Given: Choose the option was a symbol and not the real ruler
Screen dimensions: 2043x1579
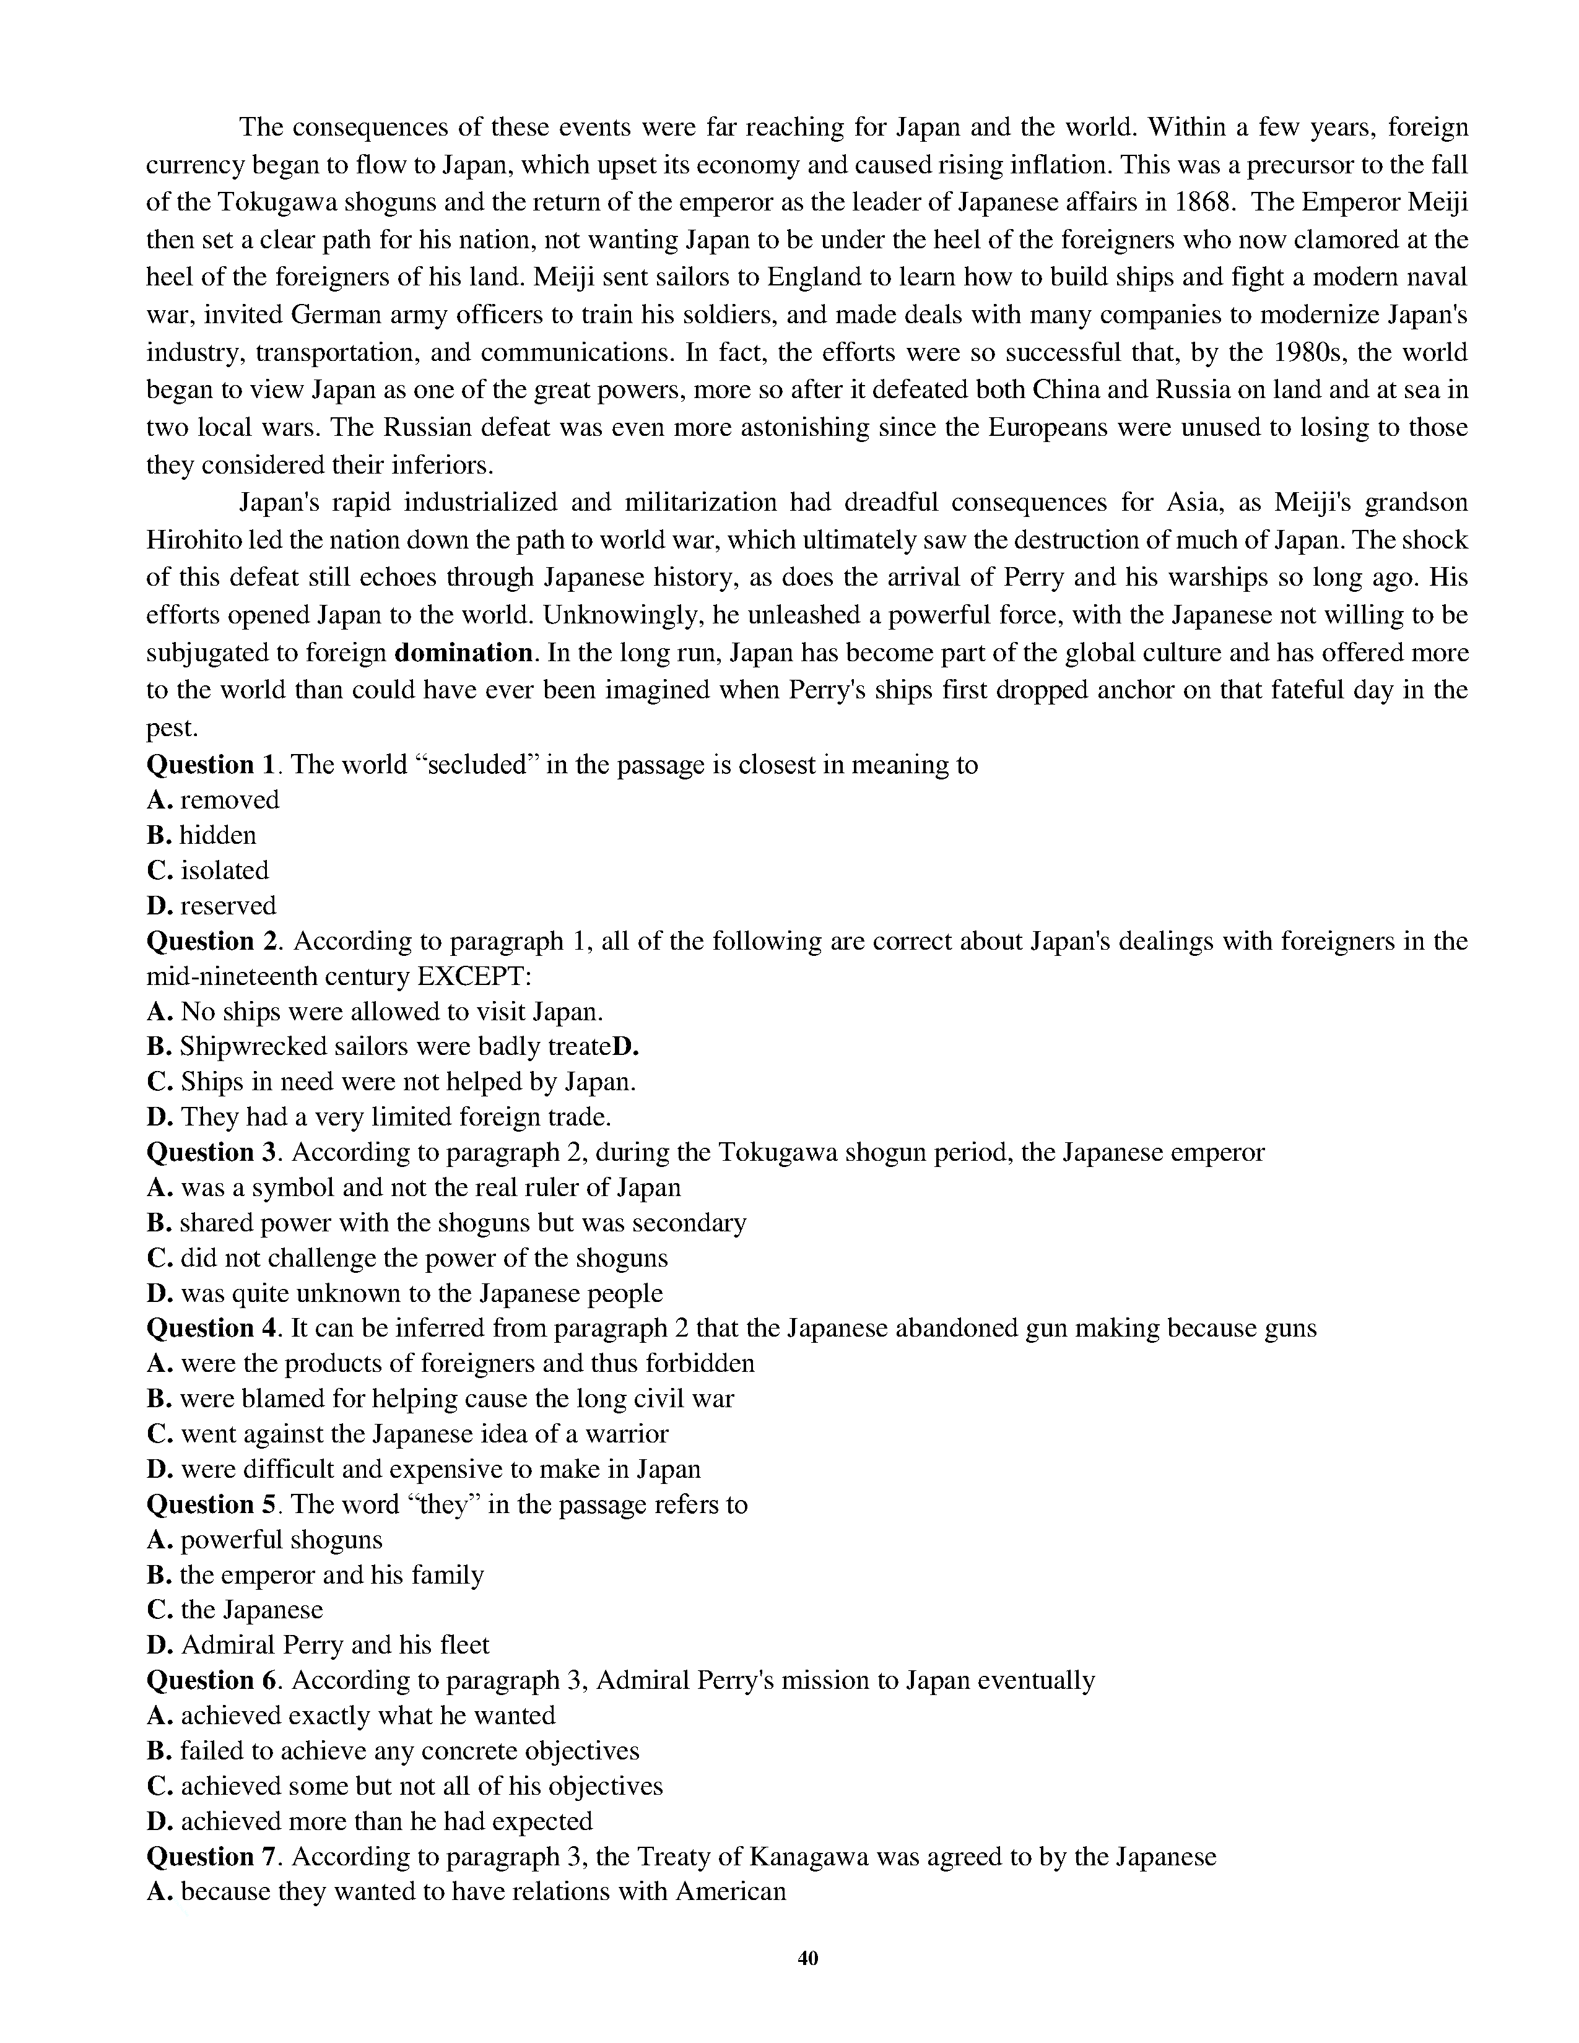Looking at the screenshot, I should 414,1188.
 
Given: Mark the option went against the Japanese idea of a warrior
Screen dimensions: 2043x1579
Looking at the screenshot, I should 408,1434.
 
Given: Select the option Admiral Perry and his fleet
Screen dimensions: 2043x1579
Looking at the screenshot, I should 318,1646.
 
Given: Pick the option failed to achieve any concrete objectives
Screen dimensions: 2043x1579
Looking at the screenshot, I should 393,1751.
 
